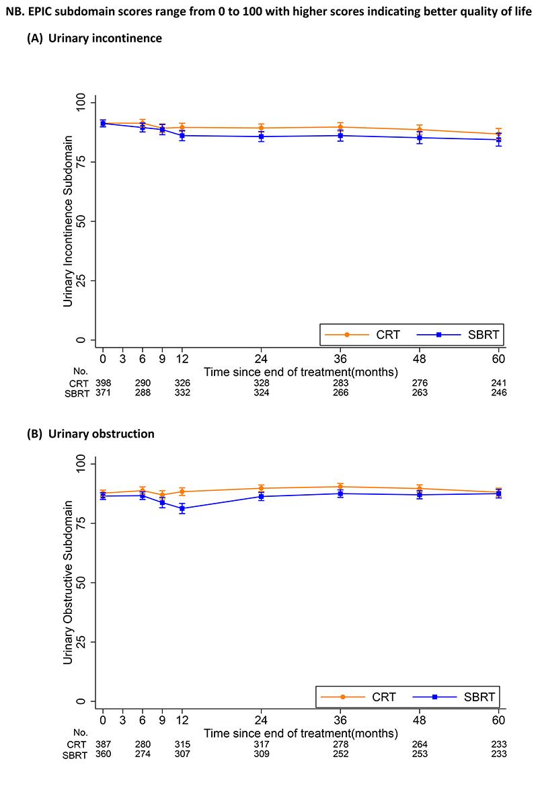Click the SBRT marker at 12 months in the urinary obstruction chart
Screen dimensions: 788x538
click(182, 508)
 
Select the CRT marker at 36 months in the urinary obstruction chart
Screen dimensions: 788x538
click(340, 486)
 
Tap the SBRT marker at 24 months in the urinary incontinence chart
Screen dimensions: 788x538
click(261, 136)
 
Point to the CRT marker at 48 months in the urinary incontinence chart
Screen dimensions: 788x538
click(420, 130)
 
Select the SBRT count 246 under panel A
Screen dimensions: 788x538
click(498, 393)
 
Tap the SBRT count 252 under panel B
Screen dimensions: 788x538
click(340, 754)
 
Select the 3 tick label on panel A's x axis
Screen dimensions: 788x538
click(122, 358)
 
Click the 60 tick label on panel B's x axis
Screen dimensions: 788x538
click(498, 719)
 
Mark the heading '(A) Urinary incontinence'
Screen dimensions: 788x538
click(94, 38)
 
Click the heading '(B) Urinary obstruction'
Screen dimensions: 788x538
click(90, 434)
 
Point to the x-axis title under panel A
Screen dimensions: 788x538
click(300, 371)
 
